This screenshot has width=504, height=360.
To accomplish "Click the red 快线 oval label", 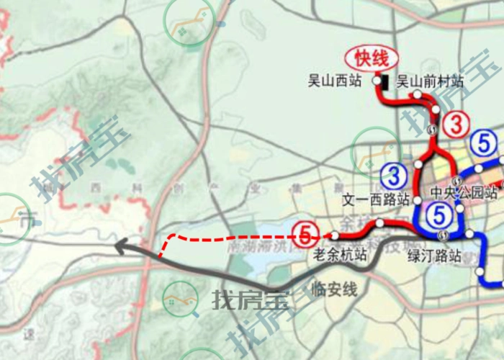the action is click(x=367, y=58).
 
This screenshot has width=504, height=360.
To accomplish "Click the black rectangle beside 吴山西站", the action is click(x=387, y=82).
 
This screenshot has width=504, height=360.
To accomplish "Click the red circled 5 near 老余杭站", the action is click(x=306, y=234).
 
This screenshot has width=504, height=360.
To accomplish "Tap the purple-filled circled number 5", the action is click(x=439, y=213).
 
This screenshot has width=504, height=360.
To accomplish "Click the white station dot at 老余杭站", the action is click(x=335, y=235).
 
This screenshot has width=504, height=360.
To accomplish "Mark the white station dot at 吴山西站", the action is click(x=376, y=82).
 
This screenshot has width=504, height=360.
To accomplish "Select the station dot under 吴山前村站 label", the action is click(x=416, y=94).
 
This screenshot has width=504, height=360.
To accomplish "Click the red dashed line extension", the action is click(x=230, y=236).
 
